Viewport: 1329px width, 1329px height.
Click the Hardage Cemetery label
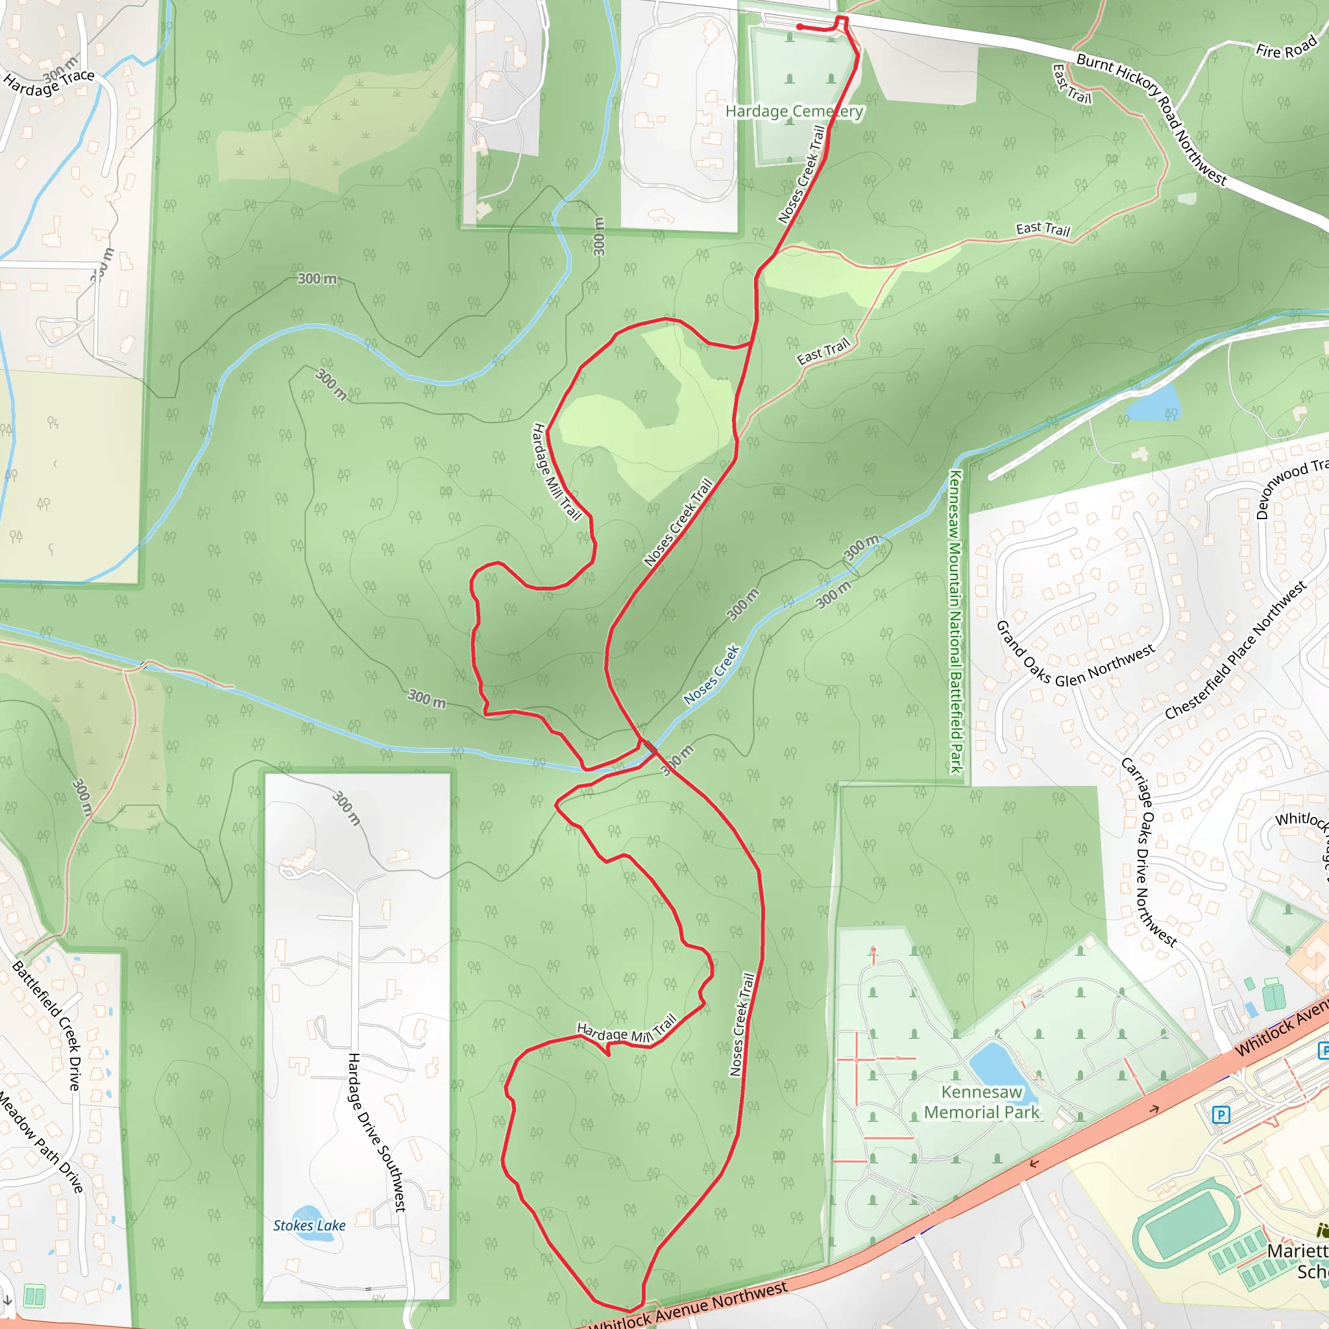[x=794, y=112]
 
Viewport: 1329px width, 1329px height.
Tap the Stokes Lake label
[x=309, y=1225]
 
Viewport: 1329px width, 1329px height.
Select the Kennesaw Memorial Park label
[x=982, y=1102]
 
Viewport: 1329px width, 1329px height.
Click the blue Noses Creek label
[x=711, y=675]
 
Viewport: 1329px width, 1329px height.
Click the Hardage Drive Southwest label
[x=377, y=1132]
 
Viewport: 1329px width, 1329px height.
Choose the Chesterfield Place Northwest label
[x=1235, y=650]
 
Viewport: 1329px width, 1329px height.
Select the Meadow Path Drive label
[x=41, y=1143]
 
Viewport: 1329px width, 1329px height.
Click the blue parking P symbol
[x=1221, y=1114]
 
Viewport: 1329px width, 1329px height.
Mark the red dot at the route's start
[x=799, y=27]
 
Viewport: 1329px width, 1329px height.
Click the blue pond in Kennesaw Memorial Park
[x=995, y=1063]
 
